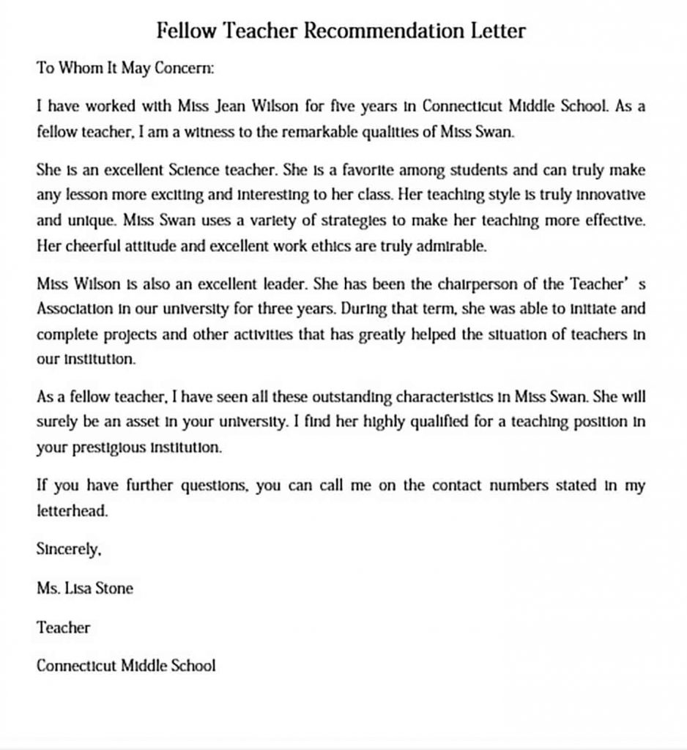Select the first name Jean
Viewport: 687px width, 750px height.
point(229,105)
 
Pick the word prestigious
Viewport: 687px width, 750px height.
point(105,448)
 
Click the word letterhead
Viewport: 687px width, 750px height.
point(72,511)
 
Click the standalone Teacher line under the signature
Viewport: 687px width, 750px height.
point(63,627)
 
